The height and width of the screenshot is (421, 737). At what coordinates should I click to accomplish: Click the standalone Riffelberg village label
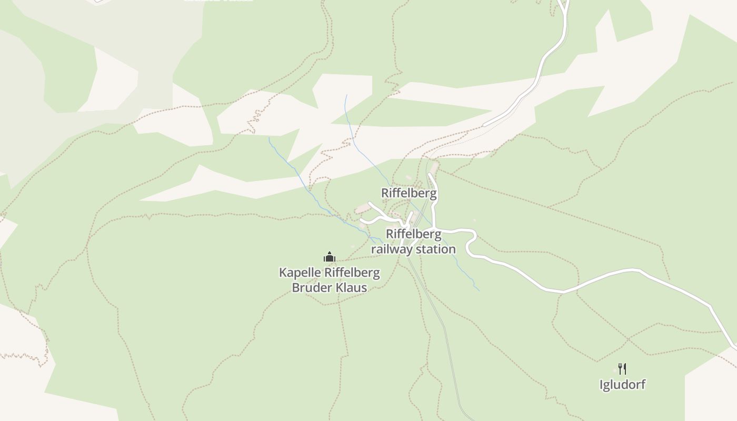click(x=409, y=193)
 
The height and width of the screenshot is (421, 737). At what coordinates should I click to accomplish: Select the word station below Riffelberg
click(x=435, y=248)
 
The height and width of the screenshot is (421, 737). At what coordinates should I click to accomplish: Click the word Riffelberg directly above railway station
click(x=414, y=234)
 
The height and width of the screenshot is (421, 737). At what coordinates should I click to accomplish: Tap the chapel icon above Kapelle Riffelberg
click(x=330, y=257)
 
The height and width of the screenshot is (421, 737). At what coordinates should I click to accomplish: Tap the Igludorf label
click(x=622, y=385)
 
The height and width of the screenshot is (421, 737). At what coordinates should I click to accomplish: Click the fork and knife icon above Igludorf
click(x=622, y=368)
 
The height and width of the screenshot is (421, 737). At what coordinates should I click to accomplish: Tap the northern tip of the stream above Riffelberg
click(x=346, y=96)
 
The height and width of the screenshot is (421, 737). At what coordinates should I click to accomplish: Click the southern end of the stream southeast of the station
click(x=479, y=290)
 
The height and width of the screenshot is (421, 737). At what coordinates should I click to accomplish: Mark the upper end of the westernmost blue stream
click(x=269, y=138)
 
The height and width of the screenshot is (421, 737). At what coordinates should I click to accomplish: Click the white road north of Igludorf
click(x=632, y=271)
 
